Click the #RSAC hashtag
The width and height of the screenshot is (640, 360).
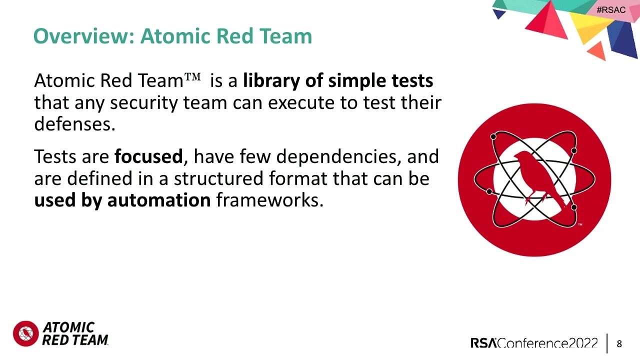coord(610,10)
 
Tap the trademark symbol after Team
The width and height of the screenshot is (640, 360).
coord(192,77)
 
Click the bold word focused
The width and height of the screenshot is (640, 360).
coord(148,156)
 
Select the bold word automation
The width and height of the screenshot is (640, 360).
coord(158,200)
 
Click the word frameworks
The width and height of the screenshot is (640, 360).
coord(269,200)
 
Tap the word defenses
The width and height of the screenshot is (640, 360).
coord(74,123)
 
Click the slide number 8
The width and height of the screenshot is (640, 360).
coord(619,343)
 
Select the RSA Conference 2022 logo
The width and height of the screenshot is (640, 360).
coord(534,343)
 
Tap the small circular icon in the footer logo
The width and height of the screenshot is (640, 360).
coord(25,333)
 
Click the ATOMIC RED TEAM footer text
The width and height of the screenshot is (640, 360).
coord(75,333)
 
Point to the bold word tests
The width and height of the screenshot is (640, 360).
coord(412,80)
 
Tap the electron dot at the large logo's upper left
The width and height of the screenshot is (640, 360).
coord(493,136)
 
